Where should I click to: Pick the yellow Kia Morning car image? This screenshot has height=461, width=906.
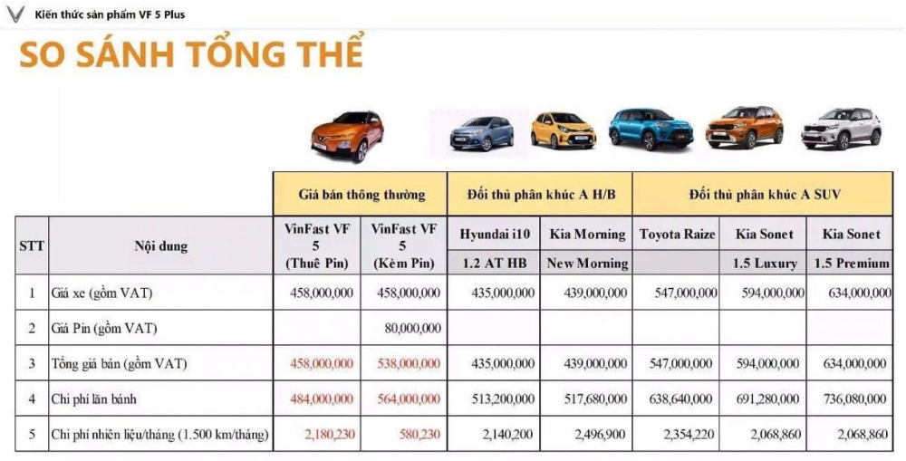tap(564, 130)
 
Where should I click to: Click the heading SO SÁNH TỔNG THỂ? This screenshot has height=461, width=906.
tap(191, 54)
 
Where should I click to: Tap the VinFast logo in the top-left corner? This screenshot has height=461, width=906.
tap(15, 14)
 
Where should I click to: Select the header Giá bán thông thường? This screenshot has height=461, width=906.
tap(361, 194)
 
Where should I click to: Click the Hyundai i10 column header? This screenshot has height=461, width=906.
tap(495, 234)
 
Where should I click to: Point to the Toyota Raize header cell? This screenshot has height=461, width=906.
tap(677, 234)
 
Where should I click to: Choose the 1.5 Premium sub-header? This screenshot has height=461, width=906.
tap(851, 263)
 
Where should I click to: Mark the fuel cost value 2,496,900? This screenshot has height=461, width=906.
tap(599, 435)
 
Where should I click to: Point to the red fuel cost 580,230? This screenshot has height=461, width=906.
tap(418, 435)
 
